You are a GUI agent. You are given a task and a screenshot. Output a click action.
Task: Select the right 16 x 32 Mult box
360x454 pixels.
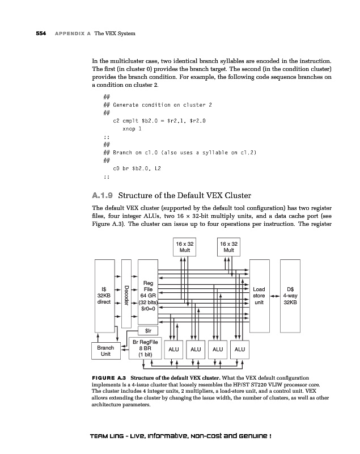pos(228,249)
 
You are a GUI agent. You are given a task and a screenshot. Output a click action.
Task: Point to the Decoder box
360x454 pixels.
pos(126,294)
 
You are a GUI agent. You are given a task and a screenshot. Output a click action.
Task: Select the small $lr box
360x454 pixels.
pos(147,330)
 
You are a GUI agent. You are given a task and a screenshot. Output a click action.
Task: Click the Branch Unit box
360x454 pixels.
pos(105,350)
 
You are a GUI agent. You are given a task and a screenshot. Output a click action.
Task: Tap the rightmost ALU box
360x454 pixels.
pos(240,350)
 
